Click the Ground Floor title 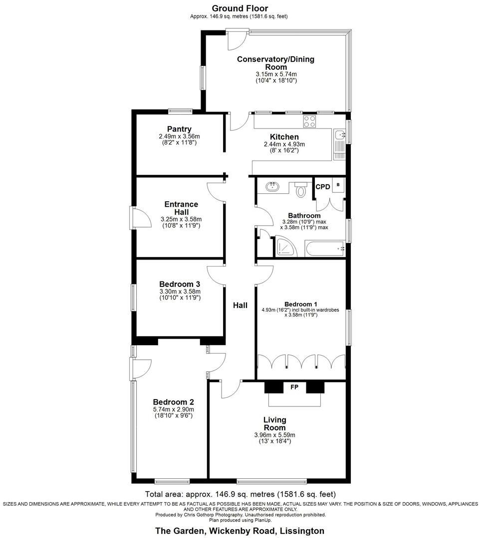click(x=240, y=8)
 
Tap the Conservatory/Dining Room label click(x=275, y=63)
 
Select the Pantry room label click(x=179, y=129)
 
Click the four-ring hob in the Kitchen click(x=309, y=122)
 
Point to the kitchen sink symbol click(x=340, y=134)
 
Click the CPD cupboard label click(x=323, y=187)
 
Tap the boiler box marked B click(x=338, y=185)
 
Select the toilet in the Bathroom click(x=300, y=190)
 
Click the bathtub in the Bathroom click(x=325, y=248)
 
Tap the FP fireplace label click(x=294, y=387)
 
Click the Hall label click(x=240, y=305)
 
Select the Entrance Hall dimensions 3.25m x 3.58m click(x=181, y=219)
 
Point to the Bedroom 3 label click(x=180, y=284)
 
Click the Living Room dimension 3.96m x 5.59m click(x=274, y=435)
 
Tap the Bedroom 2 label click(x=173, y=402)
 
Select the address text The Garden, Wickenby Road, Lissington click(x=240, y=531)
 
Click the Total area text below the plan click(x=240, y=495)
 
